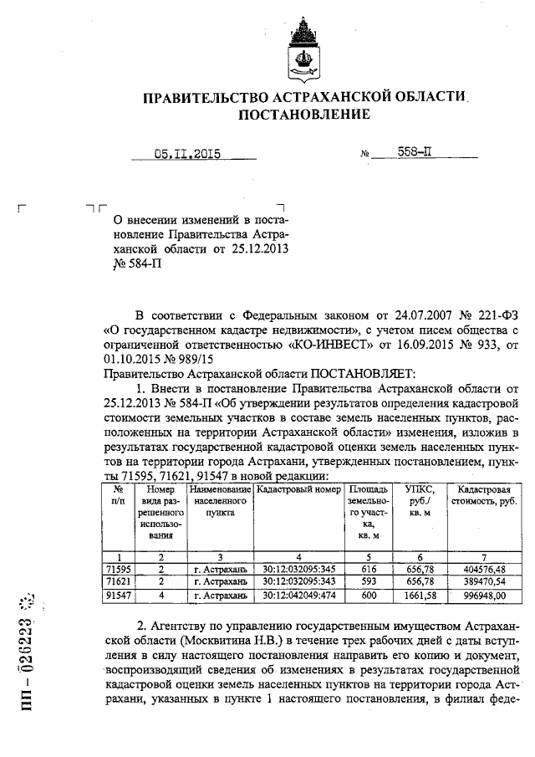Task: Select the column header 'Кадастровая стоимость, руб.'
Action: (479, 495)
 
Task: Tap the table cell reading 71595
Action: (119, 568)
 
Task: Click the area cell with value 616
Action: (364, 568)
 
